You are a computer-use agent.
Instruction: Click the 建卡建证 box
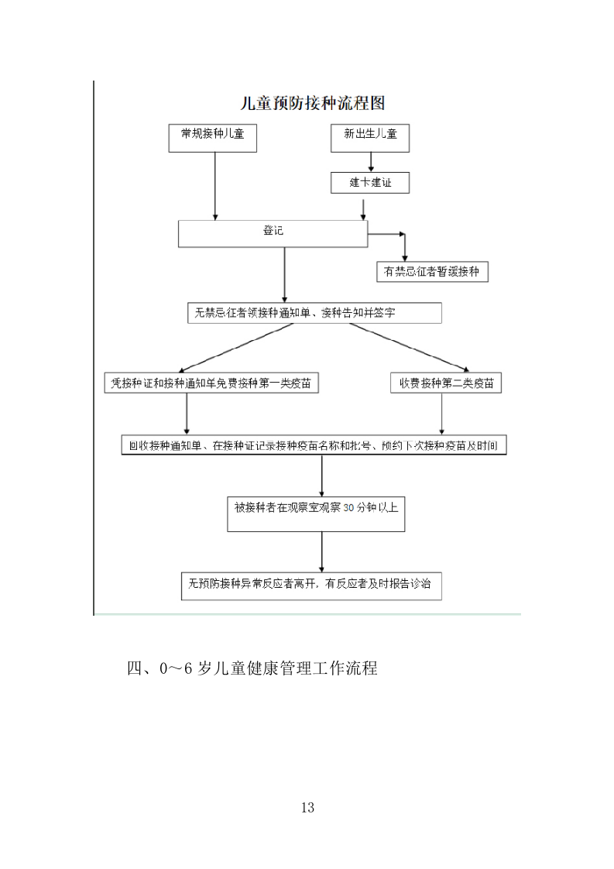(x=369, y=183)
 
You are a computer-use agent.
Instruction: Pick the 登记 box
(x=273, y=233)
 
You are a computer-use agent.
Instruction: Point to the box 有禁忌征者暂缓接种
(x=431, y=271)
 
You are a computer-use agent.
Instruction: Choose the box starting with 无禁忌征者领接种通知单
(x=314, y=313)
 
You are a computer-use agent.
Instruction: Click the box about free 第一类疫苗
(x=211, y=383)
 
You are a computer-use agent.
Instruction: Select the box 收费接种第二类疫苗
(x=446, y=383)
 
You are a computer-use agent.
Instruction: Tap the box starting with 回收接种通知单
(x=314, y=445)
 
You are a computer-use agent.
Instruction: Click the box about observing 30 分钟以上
(x=316, y=513)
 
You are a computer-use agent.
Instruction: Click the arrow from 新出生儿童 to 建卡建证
(x=371, y=161)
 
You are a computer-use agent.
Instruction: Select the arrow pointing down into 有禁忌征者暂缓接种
(x=403, y=248)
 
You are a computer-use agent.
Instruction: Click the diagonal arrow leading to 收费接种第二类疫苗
(x=403, y=347)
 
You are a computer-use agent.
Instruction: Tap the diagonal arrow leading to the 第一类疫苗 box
(x=236, y=347)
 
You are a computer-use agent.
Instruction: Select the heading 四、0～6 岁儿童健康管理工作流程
(x=252, y=668)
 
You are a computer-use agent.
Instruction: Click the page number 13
(x=307, y=808)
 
